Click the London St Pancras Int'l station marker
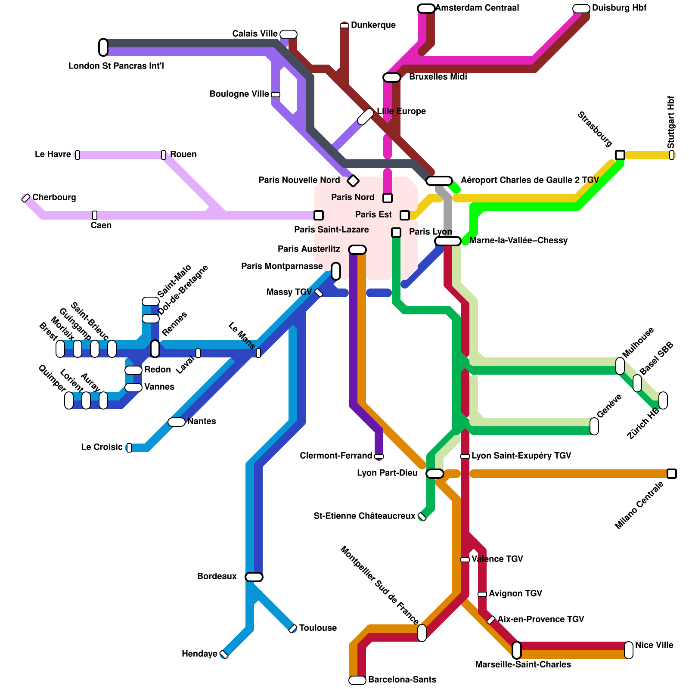[x=103, y=47]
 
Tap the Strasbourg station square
[x=620, y=155]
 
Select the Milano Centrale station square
[x=672, y=474]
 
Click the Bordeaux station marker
[x=254, y=577]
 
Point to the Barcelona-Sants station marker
[x=357, y=680]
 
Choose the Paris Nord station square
[x=388, y=198]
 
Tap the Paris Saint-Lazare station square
[x=319, y=215]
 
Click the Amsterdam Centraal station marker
[x=426, y=9]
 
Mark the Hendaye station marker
[x=224, y=655]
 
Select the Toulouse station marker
[x=293, y=629]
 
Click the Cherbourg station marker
[x=26, y=198]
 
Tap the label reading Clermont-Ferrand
[x=336, y=456]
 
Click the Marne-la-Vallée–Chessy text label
[x=518, y=240]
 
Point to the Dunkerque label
[x=373, y=25]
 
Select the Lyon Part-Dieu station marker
[x=435, y=474]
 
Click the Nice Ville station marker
[x=629, y=650]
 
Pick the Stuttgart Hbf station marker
[x=672, y=155]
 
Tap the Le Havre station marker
[x=78, y=155]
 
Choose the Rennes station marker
[x=155, y=349]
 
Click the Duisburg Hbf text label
[x=619, y=8]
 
